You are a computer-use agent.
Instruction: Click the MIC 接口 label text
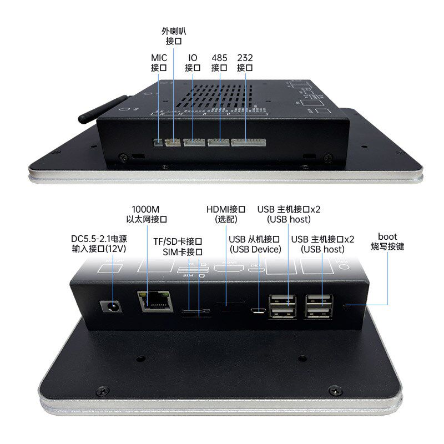pos(159,63)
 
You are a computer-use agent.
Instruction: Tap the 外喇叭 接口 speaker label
pos(174,36)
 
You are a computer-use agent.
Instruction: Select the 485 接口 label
pos(219,63)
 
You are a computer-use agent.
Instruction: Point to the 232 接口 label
pos(245,63)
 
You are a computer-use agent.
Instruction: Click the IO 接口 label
pos(193,63)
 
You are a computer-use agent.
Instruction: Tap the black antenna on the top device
pos(103,109)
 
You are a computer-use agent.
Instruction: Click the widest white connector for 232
pos(248,143)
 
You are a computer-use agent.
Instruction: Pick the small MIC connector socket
pos(158,143)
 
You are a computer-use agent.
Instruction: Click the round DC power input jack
pos(112,307)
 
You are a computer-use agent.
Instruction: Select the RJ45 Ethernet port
pos(155,301)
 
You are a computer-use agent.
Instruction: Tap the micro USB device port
pos(258,311)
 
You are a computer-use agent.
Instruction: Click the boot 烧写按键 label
pos(387,241)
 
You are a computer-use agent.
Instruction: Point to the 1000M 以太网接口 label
pos(147,214)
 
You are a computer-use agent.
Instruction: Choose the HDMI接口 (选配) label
pos(226,214)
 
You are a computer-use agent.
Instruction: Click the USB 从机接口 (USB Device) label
pos(255,244)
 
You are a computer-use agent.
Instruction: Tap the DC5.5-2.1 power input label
pos(99,244)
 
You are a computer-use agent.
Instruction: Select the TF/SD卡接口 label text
pos(178,241)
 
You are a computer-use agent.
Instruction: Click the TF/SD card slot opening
pos(195,311)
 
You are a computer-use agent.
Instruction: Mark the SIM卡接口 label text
pos(183,252)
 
